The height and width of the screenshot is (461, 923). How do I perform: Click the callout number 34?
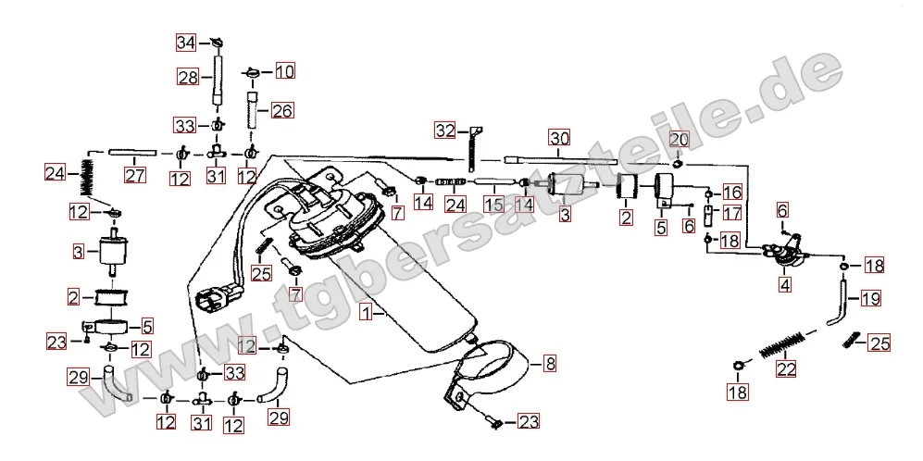click(187, 43)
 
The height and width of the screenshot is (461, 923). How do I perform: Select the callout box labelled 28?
click(189, 78)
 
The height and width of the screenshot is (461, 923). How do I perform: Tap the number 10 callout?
click(282, 70)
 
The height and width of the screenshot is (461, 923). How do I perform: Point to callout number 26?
click(281, 111)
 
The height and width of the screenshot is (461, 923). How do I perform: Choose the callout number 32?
click(445, 131)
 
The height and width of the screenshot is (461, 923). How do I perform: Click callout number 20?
click(679, 140)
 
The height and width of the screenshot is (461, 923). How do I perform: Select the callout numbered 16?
click(732, 193)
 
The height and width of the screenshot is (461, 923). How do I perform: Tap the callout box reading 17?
click(732, 213)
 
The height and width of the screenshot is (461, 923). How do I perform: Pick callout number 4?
click(784, 285)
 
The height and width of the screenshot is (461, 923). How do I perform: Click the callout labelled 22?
click(785, 369)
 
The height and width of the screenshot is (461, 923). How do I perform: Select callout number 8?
click(549, 364)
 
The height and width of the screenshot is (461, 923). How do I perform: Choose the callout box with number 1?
click(368, 313)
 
